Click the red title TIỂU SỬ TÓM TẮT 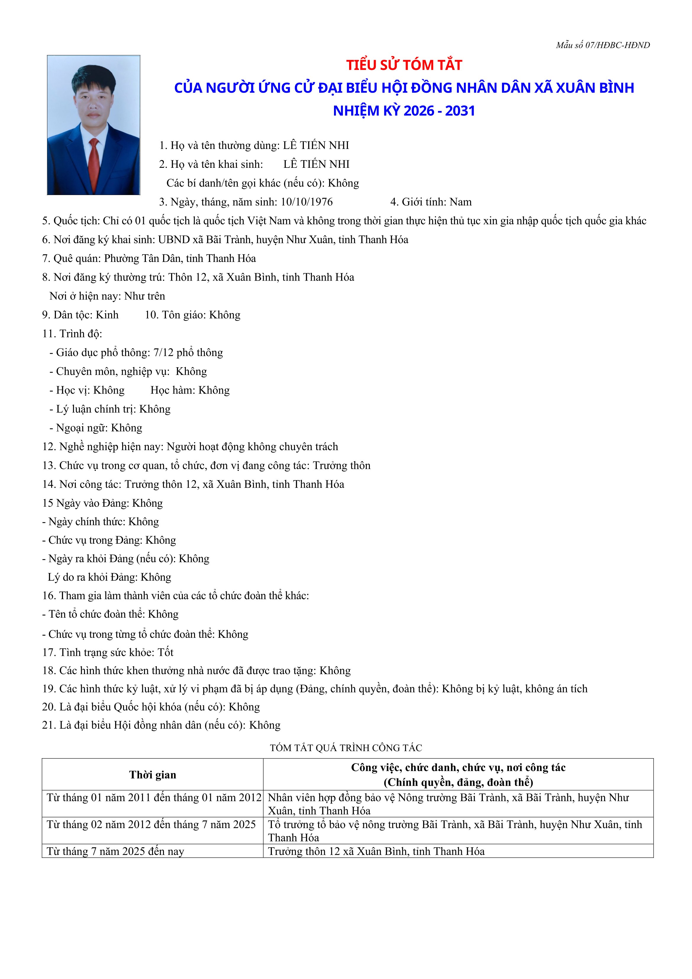point(404,65)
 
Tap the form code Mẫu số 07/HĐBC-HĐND point(602,45)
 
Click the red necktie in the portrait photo point(94,164)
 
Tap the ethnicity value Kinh point(107,315)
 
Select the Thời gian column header point(153,775)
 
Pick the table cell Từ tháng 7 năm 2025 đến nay point(116,851)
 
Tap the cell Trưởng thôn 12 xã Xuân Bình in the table point(376,851)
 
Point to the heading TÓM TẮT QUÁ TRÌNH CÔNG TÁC point(346,748)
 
